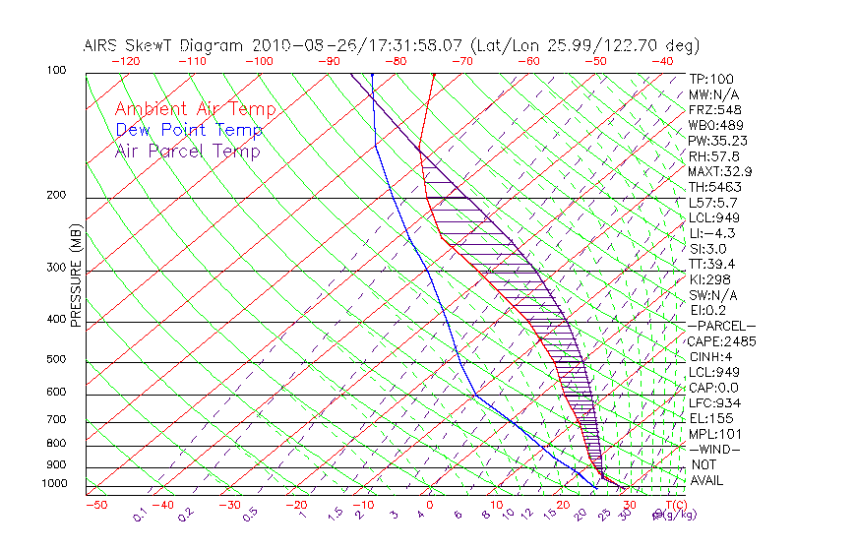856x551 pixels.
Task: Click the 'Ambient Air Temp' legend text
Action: point(195,109)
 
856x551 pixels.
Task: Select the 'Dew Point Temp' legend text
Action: point(188,130)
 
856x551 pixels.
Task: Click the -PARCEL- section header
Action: point(721,326)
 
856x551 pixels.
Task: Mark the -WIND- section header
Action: point(714,450)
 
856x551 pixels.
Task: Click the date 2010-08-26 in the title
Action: point(292,45)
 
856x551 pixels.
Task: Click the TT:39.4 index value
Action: point(712,264)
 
